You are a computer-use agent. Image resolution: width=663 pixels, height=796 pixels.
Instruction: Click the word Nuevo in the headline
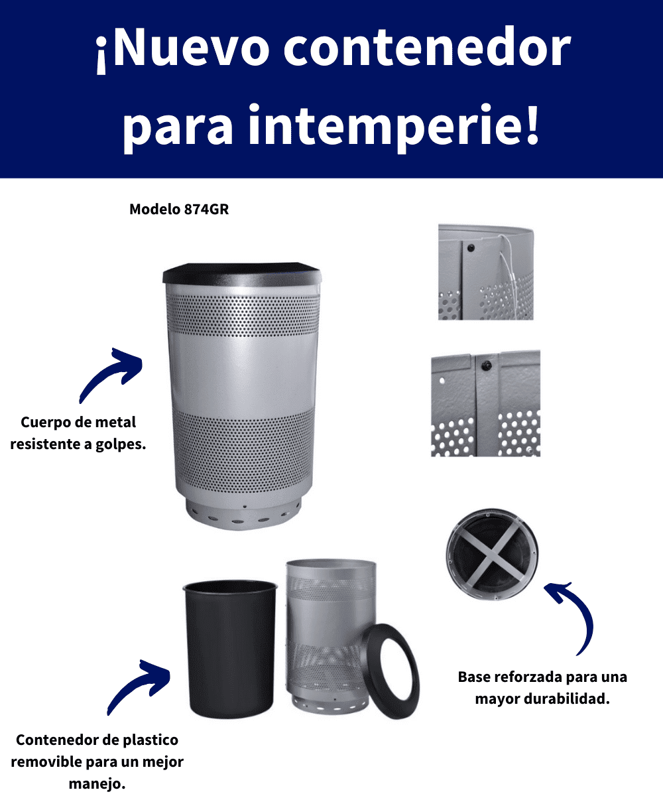pos(188,47)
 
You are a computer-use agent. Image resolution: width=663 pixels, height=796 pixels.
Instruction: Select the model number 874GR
pos(206,210)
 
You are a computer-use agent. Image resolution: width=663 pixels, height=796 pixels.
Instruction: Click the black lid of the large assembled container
pos(243,274)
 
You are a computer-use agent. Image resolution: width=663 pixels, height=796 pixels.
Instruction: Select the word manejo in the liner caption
pos(97,784)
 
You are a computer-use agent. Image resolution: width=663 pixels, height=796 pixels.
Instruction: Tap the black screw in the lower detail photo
pos(486,366)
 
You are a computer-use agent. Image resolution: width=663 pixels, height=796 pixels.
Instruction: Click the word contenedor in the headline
pos(427,47)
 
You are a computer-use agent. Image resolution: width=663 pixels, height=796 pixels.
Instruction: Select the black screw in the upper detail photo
pos(471,248)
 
